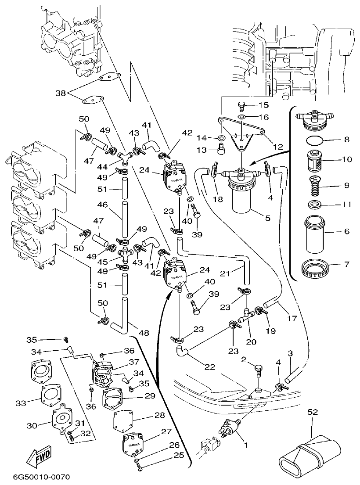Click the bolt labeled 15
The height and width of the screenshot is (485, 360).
pyautogui.click(x=241, y=105)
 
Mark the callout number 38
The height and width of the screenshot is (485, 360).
pyautogui.click(x=61, y=93)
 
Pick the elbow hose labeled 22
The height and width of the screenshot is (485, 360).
pyautogui.click(x=182, y=351)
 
